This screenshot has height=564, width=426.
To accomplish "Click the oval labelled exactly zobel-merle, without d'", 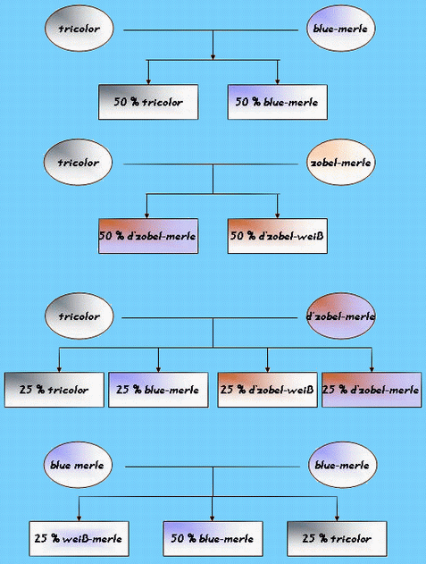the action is pyautogui.click(x=341, y=162).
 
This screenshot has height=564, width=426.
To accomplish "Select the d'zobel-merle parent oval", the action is pyautogui.click(x=341, y=316).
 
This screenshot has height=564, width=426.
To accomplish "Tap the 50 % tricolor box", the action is pyautogui.click(x=148, y=102).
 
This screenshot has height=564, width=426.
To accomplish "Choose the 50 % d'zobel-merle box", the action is pyautogui.click(x=148, y=236).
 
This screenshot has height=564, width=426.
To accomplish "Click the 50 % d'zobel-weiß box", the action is pyautogui.click(x=277, y=236).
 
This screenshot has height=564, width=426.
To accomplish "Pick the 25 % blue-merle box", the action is pyautogui.click(x=158, y=390).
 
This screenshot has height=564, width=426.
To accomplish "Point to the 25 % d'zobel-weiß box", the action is pyautogui.click(x=267, y=390).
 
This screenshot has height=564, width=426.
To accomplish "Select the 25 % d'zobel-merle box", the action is pyautogui.click(x=372, y=390).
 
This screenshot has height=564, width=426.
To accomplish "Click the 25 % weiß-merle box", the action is pyautogui.click(x=79, y=539).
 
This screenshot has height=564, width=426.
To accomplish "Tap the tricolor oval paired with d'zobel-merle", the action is pyautogui.click(x=79, y=316).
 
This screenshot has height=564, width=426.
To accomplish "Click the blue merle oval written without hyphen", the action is pyautogui.click(x=78, y=465).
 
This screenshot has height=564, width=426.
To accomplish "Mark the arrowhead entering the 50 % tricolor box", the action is pyautogui.click(x=148, y=82).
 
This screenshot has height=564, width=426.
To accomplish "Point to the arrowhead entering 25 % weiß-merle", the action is pyautogui.click(x=79, y=518).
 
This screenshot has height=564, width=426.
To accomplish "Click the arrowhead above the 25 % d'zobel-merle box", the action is pyautogui.click(x=372, y=369).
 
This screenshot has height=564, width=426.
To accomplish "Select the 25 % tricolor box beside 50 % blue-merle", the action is pyautogui.click(x=337, y=539).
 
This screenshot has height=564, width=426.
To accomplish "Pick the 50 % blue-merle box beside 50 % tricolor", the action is pyautogui.click(x=277, y=102).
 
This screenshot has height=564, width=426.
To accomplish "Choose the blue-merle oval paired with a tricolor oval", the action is pyautogui.click(x=341, y=29).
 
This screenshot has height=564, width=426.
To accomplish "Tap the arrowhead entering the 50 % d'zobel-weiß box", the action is pyautogui.click(x=277, y=215).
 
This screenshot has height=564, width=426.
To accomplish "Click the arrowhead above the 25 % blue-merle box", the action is pyautogui.click(x=158, y=369).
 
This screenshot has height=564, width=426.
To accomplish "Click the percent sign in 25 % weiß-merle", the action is pyautogui.click(x=55, y=538).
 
